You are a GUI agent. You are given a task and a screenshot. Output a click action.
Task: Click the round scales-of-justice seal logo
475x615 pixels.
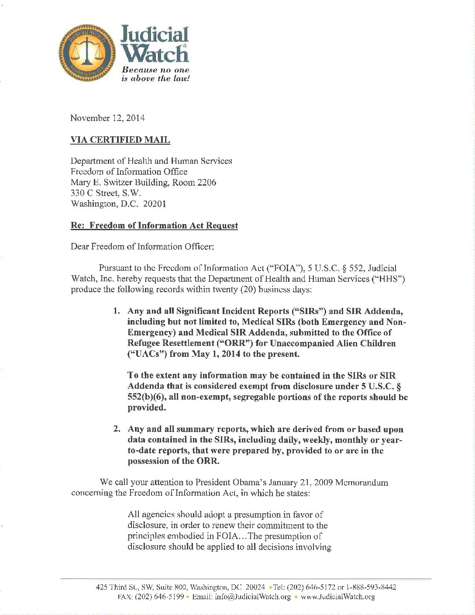pyautogui.click(x=88, y=53)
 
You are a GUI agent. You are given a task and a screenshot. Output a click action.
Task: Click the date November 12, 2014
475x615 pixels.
pyautogui.click(x=107, y=118)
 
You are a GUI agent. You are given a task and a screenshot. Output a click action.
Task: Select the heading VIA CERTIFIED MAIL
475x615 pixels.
pyautogui.click(x=120, y=140)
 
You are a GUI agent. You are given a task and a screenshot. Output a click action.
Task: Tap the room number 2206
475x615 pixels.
pyautogui.click(x=207, y=183)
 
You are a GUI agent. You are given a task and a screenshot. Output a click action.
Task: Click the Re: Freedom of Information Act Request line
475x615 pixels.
pyautogui.click(x=154, y=225)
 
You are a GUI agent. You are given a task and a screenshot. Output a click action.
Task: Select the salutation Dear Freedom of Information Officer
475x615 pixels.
pyautogui.click(x=142, y=247)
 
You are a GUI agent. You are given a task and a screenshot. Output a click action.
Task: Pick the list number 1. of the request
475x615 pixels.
pyautogui.click(x=117, y=311)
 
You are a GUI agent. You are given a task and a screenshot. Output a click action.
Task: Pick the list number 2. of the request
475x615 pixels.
pyautogui.click(x=117, y=429)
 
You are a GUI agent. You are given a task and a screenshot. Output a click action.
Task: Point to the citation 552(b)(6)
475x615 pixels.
pyautogui.click(x=146, y=397)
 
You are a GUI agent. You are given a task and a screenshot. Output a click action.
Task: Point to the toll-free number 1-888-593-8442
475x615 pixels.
pyautogui.click(x=371, y=587)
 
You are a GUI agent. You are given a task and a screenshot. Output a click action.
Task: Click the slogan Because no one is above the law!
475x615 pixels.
pyautogui.click(x=156, y=74)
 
